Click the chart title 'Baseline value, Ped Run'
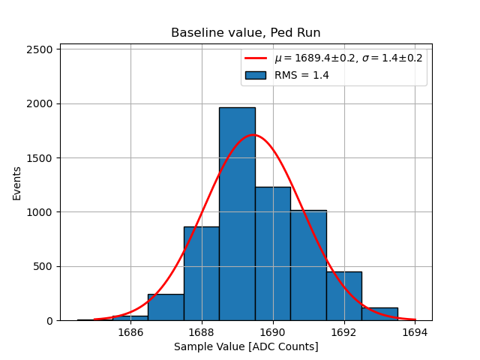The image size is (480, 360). (x=246, y=33)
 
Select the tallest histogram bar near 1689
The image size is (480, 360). (x=237, y=217)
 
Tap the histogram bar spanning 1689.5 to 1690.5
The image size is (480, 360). (x=272, y=255)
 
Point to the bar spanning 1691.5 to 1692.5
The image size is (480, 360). (x=343, y=296)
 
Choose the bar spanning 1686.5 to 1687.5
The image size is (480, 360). (x=166, y=307)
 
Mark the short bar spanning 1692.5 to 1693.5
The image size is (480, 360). (x=379, y=314)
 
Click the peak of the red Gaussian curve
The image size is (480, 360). (x=253, y=135)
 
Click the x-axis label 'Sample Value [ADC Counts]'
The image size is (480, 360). (x=246, y=346)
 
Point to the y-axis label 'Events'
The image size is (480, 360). (x=16, y=182)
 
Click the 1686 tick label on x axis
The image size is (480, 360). (x=130, y=331)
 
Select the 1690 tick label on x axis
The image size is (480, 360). (x=272, y=331)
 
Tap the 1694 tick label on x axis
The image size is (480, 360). (x=415, y=331)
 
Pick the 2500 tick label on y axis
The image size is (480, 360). (x=40, y=49)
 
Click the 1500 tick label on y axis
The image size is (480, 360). (x=40, y=158)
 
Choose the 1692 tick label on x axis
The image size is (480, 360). (x=343, y=331)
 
